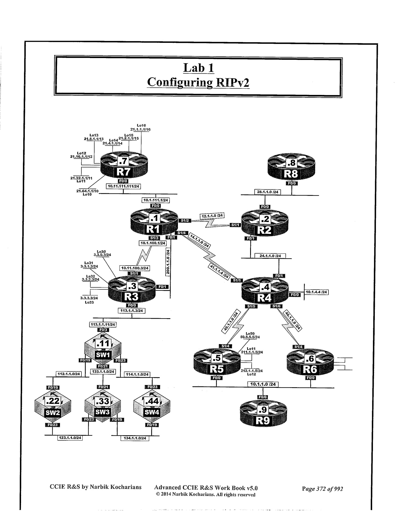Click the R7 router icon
pyautogui.click(x=124, y=166)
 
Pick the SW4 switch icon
pyautogui.click(x=152, y=406)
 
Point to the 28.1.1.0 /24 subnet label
pyautogui.click(x=268, y=192)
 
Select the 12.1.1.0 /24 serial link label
pyautogui.click(x=212, y=216)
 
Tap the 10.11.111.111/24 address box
pyautogui.click(x=123, y=187)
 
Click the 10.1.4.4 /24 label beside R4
pyautogui.click(x=316, y=292)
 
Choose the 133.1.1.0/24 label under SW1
pyautogui.click(x=103, y=372)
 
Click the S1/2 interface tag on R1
pyautogui.click(x=185, y=220)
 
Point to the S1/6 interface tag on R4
pyautogui.click(x=276, y=306)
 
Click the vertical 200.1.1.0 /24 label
pyautogui.click(x=168, y=262)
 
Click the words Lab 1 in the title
pyautogui.click(x=198, y=68)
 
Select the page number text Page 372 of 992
pyautogui.click(x=322, y=489)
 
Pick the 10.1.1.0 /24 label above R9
pyautogui.click(x=263, y=384)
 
